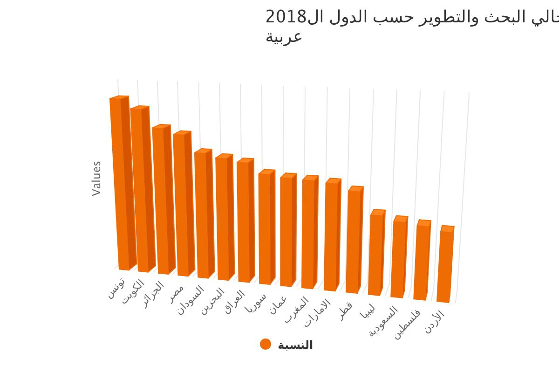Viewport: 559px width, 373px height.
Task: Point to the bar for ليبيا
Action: (x=375, y=255)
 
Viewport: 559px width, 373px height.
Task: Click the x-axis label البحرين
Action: (x=213, y=301)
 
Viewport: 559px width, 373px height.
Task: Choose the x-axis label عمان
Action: (x=278, y=305)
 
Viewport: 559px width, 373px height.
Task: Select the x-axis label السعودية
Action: (x=384, y=321)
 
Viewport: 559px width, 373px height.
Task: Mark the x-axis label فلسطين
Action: (x=407, y=324)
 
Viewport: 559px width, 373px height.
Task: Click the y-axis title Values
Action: (x=96, y=179)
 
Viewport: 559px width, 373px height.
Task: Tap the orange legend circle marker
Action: (x=266, y=344)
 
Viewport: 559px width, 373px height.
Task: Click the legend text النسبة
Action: (x=295, y=345)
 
